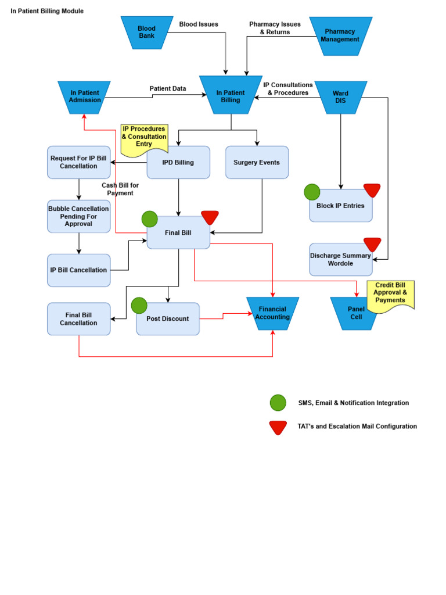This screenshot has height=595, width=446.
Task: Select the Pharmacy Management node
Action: point(340,35)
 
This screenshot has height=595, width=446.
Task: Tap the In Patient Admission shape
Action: point(85,96)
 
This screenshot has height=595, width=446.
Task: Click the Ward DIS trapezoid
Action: point(340,97)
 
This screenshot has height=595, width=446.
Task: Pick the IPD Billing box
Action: point(178,163)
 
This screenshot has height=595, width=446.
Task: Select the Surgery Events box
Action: point(257,163)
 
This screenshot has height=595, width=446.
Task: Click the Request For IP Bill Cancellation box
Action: point(78,162)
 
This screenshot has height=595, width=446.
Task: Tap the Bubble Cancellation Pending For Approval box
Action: point(78,216)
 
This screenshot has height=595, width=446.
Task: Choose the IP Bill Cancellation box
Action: point(78,270)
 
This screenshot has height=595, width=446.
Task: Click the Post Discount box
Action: point(168,319)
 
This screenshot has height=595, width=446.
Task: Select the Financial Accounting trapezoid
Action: point(272,313)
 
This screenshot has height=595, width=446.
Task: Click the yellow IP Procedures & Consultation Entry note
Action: point(143,137)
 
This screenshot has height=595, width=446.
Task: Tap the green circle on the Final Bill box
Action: point(150,219)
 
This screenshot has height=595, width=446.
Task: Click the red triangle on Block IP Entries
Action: point(372,189)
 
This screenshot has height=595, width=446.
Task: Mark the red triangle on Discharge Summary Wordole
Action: point(372,243)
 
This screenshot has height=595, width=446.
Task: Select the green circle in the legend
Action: point(278,403)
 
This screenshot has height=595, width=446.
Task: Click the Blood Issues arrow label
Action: point(199,24)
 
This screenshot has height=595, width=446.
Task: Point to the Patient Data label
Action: point(168,88)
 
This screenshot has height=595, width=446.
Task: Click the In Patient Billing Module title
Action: point(47,11)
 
